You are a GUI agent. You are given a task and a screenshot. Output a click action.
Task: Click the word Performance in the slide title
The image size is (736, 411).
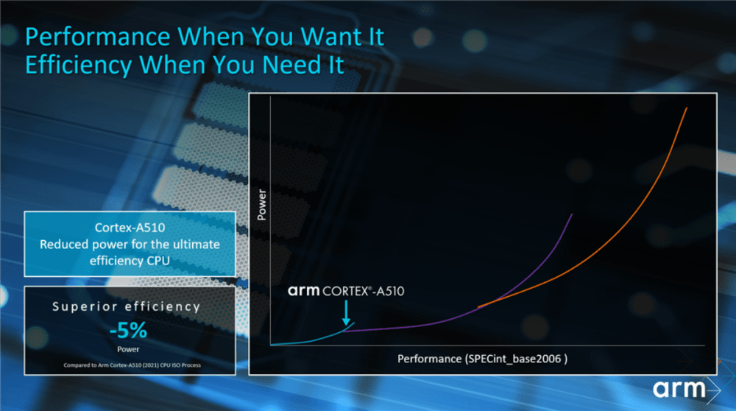[98, 37]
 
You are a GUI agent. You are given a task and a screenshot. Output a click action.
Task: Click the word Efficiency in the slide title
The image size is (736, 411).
[79, 65]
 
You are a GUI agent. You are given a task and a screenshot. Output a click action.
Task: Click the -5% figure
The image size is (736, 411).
[128, 330]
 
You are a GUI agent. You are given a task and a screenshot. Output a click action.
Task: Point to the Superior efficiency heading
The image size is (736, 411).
[127, 306]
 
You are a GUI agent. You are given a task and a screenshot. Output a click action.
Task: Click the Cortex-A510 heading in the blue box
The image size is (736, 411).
[130, 228]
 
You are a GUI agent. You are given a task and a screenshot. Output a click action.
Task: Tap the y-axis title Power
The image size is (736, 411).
[261, 205]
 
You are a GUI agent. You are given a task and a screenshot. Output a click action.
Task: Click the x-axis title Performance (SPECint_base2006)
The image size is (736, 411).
[483, 359]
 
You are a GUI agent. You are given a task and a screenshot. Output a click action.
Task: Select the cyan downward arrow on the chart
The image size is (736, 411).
[346, 313]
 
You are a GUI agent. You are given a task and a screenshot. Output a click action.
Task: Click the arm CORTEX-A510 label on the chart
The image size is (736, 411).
[346, 291]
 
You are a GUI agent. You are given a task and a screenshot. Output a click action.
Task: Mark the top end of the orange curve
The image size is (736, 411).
[687, 108]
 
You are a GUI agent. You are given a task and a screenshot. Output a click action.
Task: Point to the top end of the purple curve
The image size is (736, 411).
[572, 214]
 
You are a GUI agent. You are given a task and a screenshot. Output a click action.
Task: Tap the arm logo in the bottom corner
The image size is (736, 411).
[686, 389]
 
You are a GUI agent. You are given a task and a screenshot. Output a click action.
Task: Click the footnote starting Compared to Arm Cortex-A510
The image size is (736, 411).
[132, 365]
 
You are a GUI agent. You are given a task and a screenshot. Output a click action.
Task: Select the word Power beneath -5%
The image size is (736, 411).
[128, 349]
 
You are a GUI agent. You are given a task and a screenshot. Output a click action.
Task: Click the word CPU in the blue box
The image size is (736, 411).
[159, 261]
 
